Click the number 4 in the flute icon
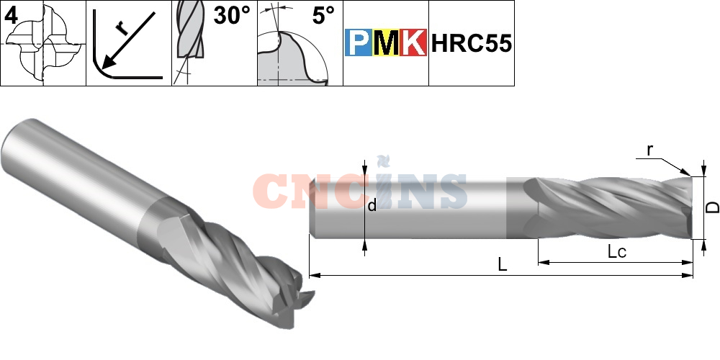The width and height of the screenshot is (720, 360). pyautogui.click(x=11, y=15)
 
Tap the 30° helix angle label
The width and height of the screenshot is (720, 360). pyautogui.click(x=230, y=16)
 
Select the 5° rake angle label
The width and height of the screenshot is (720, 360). pyautogui.click(x=323, y=16)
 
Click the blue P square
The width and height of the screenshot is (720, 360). pyautogui.click(x=358, y=43)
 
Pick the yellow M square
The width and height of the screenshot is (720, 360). pyautogui.click(x=385, y=43)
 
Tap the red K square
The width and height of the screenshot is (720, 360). pyautogui.click(x=413, y=43)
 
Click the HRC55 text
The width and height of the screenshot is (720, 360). pyautogui.click(x=472, y=43)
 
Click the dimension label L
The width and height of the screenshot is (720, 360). pyautogui.click(x=503, y=264)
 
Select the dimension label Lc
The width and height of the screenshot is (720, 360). pyautogui.click(x=616, y=252)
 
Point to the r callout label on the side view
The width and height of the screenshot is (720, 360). pyautogui.click(x=649, y=150)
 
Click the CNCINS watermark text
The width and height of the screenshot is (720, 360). pyautogui.click(x=360, y=189)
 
